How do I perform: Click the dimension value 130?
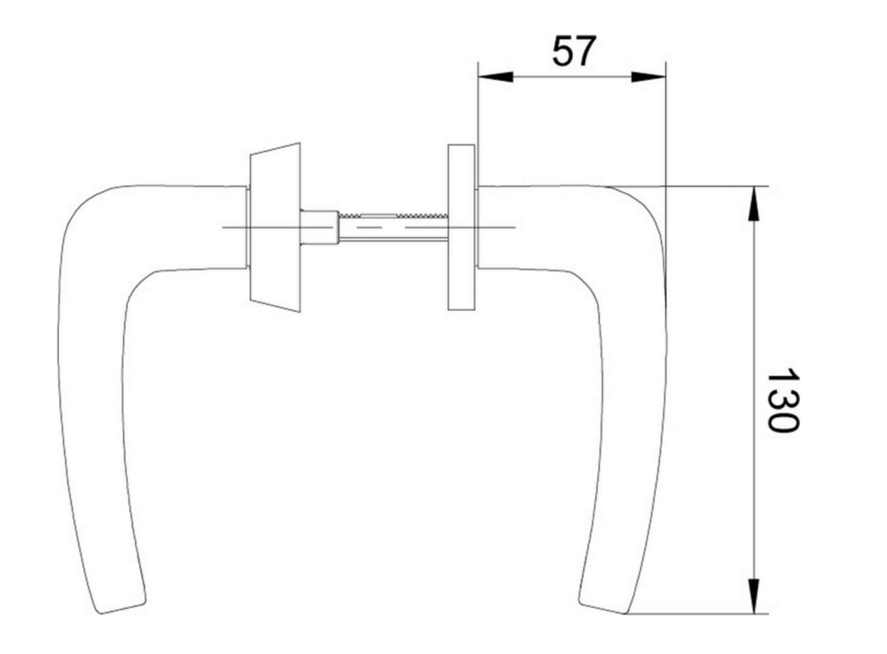782,400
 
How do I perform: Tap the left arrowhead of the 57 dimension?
496,77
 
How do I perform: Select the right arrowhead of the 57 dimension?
648,77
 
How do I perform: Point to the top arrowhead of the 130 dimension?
753,204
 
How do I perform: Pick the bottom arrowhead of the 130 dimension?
753,595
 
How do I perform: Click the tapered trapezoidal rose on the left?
275,227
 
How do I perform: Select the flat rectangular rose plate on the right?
461,227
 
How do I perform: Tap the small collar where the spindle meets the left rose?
319,227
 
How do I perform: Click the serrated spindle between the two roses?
394,227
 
